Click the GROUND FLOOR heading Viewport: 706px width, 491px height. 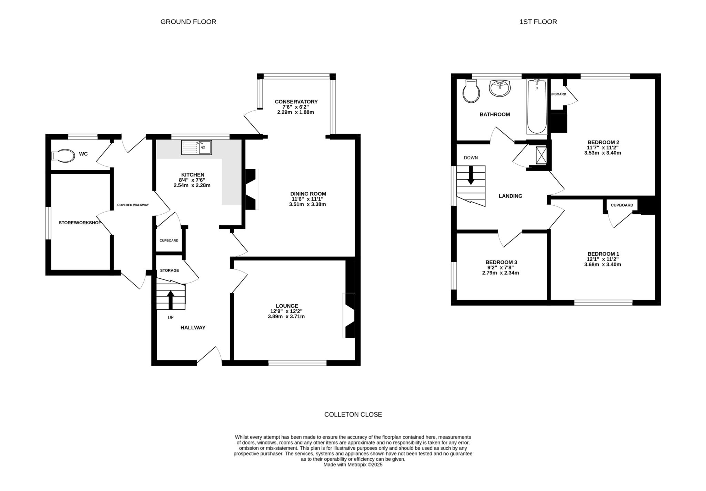188,22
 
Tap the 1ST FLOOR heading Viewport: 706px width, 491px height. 538,22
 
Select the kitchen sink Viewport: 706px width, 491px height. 196,147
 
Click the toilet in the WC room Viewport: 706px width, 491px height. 63,155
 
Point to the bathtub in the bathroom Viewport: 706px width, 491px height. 537,106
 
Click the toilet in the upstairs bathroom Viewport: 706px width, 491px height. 471,91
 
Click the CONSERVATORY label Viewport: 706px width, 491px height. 296,102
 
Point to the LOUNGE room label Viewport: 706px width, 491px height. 287,306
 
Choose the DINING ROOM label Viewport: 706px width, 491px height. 308,194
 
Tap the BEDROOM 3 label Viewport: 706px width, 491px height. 501,262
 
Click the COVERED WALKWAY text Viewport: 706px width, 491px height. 133,205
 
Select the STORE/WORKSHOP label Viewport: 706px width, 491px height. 80,223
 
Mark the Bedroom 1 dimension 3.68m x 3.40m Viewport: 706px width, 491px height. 603,265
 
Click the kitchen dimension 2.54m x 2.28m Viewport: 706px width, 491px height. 192,185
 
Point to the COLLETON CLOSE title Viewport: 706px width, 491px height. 353,415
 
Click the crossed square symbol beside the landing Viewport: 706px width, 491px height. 542,155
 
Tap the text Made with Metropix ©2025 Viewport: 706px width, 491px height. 353,464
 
